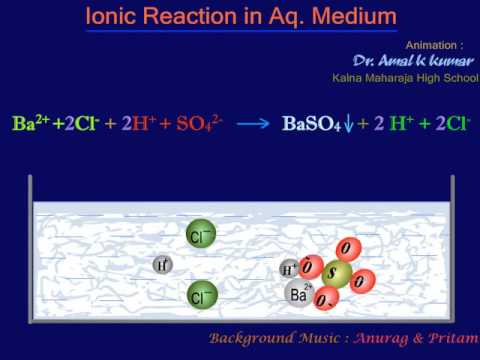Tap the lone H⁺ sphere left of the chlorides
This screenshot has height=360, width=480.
(163, 265)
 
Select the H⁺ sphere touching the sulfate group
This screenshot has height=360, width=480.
(289, 270)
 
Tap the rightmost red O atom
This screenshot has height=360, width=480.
(364, 280)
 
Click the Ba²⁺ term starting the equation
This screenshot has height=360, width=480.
(30, 124)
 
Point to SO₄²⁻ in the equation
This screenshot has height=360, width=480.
(200, 125)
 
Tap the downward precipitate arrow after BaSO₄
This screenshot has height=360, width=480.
(348, 127)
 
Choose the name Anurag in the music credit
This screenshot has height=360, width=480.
(386, 337)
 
